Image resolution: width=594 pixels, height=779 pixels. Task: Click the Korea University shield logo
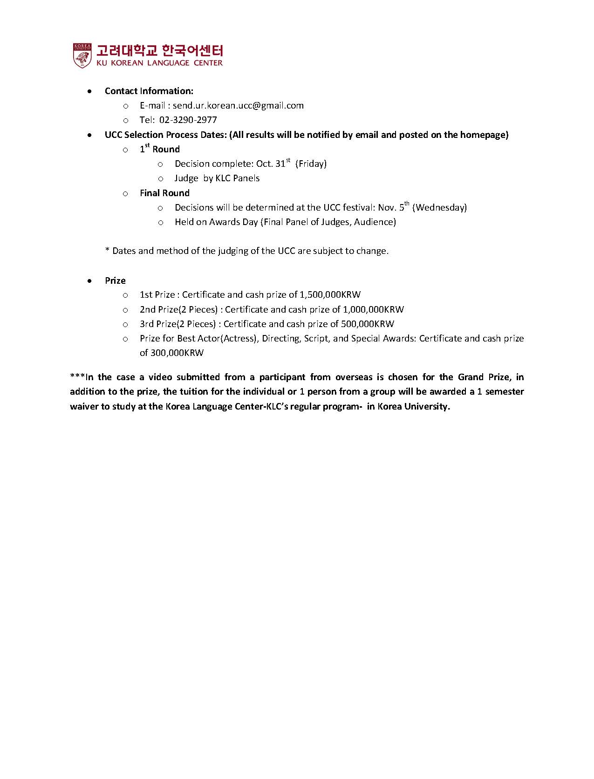point(82,55)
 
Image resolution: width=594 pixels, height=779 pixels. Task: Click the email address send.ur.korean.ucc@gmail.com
point(238,106)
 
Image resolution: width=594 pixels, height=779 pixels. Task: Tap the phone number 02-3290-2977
point(188,120)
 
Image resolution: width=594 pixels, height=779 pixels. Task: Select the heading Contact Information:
point(149,91)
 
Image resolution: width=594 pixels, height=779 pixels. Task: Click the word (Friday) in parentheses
point(311,164)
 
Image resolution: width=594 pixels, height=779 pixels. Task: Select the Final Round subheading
point(164,193)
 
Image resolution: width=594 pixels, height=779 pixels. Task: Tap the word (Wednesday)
point(439,207)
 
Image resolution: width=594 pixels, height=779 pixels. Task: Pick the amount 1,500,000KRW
point(330,295)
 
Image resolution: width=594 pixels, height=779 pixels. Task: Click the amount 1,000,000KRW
point(373,309)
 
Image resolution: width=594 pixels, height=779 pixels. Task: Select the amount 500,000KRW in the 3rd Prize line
point(368,324)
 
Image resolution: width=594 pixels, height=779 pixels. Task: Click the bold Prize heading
point(115,280)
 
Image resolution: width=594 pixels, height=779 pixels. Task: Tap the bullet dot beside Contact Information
point(89,91)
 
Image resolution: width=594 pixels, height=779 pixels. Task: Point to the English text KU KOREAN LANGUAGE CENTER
point(159,63)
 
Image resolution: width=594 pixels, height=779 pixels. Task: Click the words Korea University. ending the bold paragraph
point(414,406)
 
